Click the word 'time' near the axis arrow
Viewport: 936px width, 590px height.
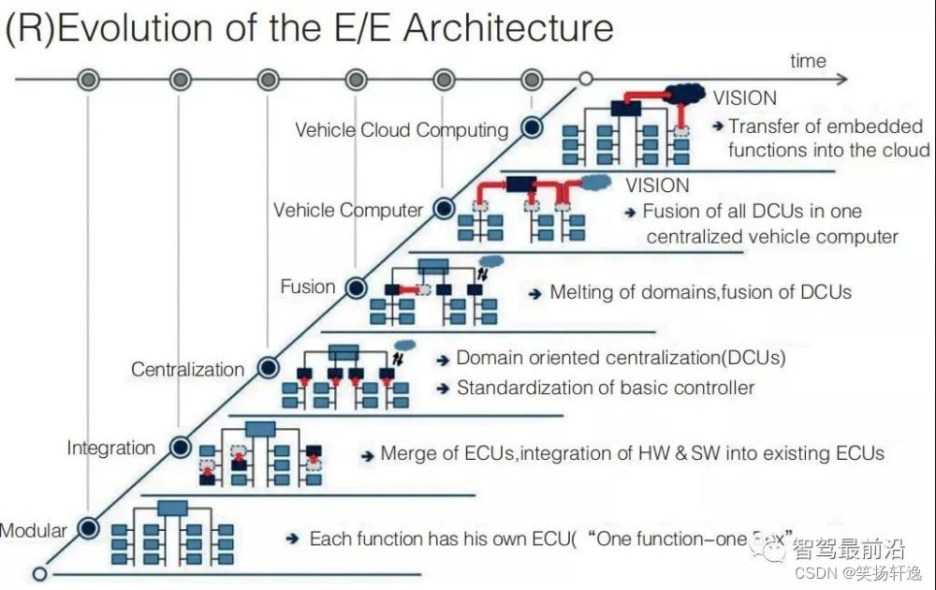[x=808, y=61]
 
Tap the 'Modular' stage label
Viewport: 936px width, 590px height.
[x=34, y=531]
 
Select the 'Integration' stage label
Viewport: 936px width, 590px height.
[x=110, y=448]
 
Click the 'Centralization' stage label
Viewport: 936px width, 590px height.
[x=187, y=369]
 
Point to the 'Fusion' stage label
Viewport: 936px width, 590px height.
[x=308, y=287]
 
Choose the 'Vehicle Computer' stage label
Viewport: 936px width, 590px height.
[x=348, y=210]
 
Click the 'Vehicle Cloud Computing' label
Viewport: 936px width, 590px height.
[x=402, y=130]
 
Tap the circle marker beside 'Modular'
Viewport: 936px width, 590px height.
[x=88, y=529]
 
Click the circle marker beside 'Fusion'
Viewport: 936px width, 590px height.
[x=356, y=288]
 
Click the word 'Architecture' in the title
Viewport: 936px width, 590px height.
[x=508, y=27]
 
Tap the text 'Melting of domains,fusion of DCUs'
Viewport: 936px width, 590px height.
[x=700, y=291]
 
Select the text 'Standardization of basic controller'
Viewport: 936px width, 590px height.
[x=606, y=387]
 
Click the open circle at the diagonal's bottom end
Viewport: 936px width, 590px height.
[x=39, y=572]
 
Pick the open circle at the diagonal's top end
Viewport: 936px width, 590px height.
[x=586, y=80]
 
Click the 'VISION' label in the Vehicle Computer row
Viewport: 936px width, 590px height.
[x=657, y=185]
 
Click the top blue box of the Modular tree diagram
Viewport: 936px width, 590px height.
[x=172, y=508]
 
